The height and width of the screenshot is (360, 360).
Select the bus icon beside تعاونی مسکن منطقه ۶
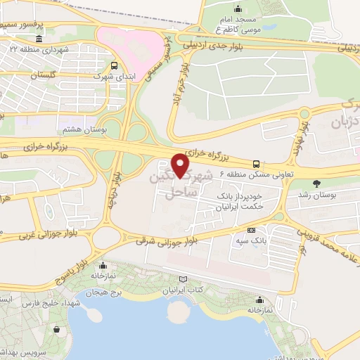click(256, 160)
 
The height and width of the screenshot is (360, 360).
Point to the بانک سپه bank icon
click(252, 231)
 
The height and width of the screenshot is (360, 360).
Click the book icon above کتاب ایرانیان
click(184, 279)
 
